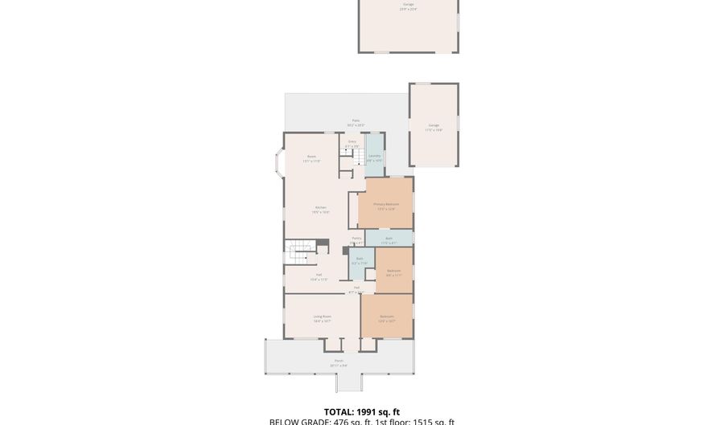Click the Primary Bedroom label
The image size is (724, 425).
tap(385, 204)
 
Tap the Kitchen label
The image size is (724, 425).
tap(320, 208)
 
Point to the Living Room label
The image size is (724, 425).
tap(322, 317)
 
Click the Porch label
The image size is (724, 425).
tap(339, 361)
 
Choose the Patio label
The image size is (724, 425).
tap(356, 121)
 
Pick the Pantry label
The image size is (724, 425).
tap(356, 239)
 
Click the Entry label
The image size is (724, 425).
tap(352, 141)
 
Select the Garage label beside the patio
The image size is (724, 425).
tap(434, 125)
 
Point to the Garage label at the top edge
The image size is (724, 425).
tap(408, 4)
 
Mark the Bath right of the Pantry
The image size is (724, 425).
tap(389, 239)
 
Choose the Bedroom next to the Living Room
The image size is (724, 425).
tap(386, 317)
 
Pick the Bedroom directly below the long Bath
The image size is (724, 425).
tap(393, 271)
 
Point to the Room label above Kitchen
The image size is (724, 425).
tap(311, 157)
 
